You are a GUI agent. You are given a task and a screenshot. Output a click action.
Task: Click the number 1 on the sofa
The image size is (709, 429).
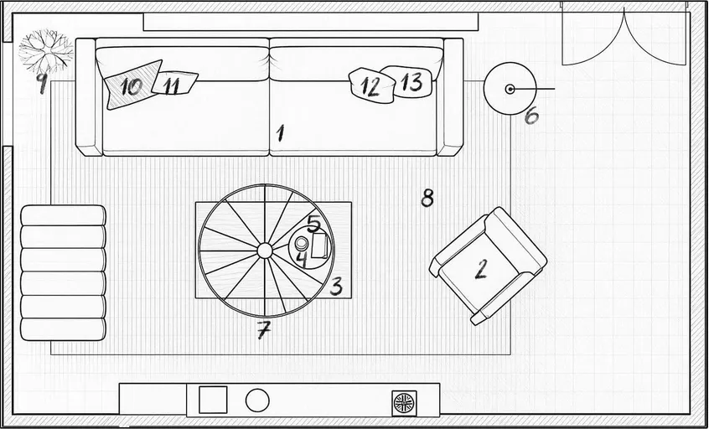281,132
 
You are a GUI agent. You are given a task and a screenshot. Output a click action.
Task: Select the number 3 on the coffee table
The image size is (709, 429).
336,287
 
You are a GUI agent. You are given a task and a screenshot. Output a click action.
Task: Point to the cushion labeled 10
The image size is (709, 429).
132,85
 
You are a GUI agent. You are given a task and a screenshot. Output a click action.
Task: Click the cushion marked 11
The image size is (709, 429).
174,84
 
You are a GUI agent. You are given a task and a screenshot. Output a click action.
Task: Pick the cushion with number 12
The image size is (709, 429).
370,85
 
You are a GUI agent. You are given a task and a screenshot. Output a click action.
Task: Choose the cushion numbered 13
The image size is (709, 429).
411,81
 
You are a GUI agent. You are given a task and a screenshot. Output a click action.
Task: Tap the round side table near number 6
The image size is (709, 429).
510,90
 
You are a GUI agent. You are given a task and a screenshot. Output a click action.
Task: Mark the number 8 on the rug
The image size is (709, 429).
427,198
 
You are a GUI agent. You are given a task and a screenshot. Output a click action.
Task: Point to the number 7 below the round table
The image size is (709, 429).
263,331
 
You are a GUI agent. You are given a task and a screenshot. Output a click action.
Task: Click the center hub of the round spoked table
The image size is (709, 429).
264,250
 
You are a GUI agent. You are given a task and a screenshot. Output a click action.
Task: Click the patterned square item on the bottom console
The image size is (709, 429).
404,401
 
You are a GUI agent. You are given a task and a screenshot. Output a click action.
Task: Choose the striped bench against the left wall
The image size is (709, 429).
63,272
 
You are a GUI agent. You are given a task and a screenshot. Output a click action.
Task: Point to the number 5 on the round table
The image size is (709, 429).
313,224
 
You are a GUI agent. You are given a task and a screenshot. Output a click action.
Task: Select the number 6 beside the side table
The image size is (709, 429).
531,116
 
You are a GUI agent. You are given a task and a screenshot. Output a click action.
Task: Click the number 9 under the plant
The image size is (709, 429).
40,82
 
